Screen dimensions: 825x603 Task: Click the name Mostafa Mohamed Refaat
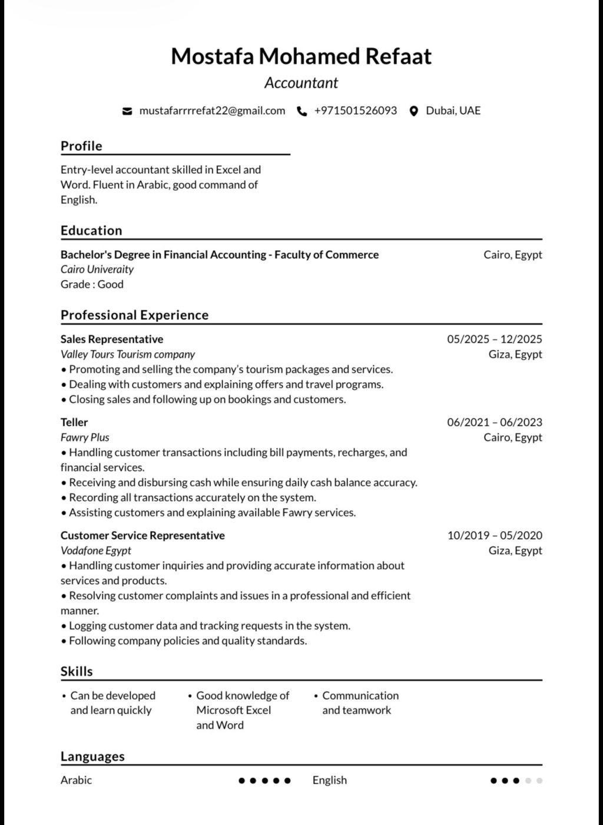click(301, 57)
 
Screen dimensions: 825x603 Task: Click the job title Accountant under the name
click(301, 83)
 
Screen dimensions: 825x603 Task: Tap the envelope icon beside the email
click(127, 111)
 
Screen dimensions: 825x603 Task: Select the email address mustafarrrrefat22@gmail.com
click(212, 111)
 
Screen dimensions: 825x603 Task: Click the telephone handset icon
click(302, 111)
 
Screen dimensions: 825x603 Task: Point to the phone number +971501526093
click(355, 111)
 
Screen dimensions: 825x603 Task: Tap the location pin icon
click(413, 111)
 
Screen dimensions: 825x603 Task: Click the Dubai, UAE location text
click(453, 111)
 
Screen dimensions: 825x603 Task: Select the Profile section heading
click(81, 146)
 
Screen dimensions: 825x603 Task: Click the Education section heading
click(91, 231)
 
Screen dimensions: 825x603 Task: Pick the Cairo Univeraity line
click(97, 270)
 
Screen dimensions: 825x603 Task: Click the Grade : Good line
click(92, 284)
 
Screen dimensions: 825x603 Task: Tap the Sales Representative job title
click(112, 339)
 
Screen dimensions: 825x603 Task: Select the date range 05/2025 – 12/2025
click(494, 339)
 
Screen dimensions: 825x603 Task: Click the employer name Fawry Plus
click(85, 438)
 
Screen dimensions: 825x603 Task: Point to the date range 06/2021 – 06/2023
click(494, 422)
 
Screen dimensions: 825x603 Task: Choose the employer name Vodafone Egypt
click(96, 551)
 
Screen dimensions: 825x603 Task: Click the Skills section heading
click(77, 672)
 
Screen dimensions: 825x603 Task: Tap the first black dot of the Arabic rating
click(241, 781)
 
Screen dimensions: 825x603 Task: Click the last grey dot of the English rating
click(539, 781)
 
